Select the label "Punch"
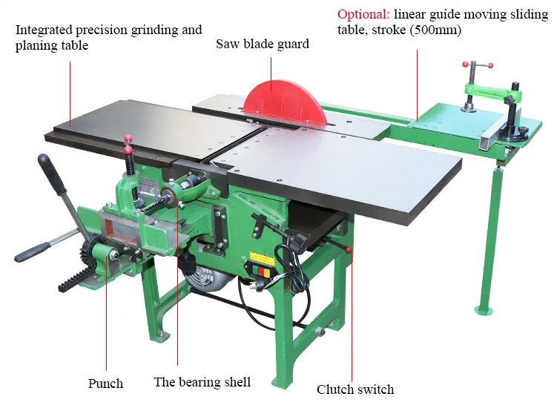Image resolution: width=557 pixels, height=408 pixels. pyautogui.click(x=105, y=384)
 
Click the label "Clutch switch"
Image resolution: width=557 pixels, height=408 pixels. pyautogui.click(x=355, y=389)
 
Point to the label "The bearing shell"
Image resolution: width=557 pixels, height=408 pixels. pyautogui.click(x=202, y=382)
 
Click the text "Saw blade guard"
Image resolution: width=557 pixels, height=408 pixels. pyautogui.click(x=263, y=44)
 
